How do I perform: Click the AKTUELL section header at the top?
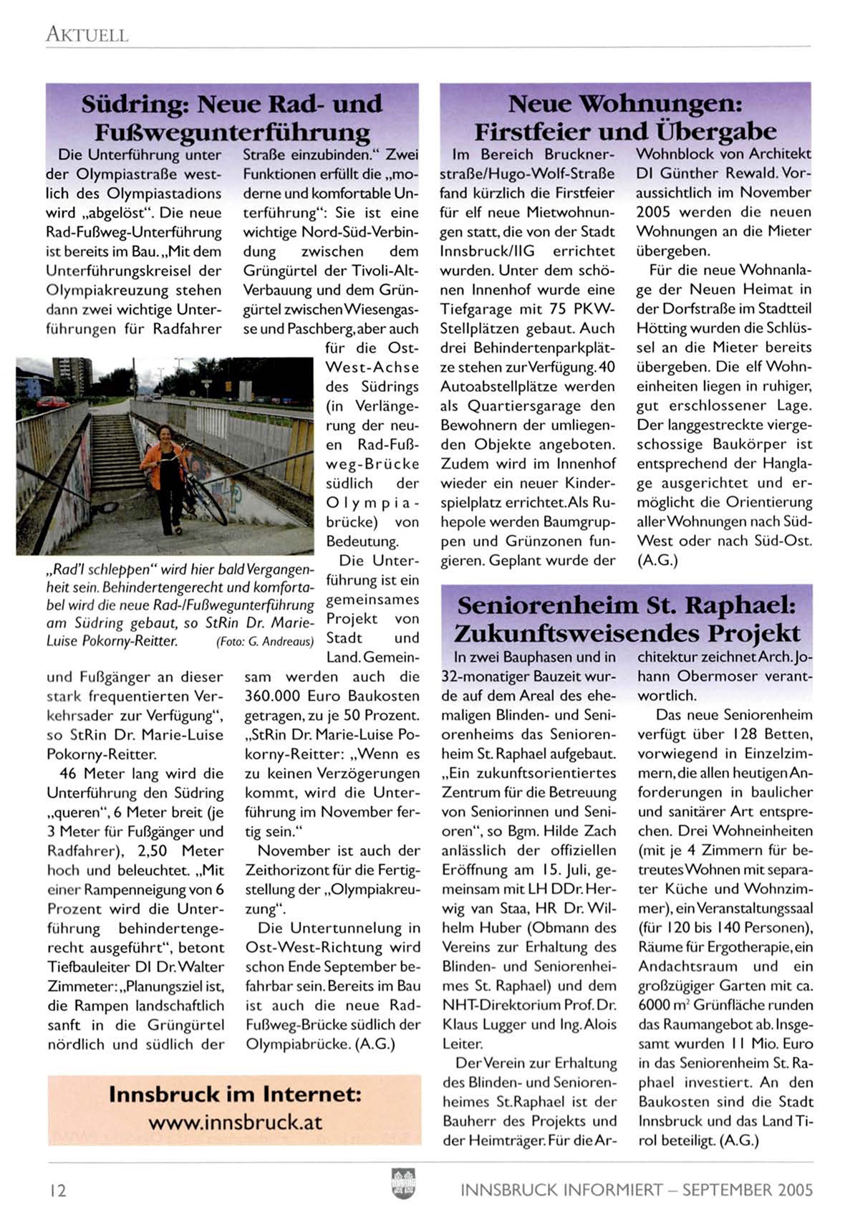pyautogui.click(x=87, y=34)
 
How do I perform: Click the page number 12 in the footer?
pyautogui.click(x=57, y=1190)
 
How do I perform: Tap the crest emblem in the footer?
pyautogui.click(x=403, y=1183)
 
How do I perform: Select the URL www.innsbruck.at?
pyautogui.click(x=236, y=1122)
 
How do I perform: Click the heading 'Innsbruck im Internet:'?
pyautogui.click(x=235, y=1095)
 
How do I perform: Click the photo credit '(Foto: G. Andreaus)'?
pyautogui.click(x=265, y=642)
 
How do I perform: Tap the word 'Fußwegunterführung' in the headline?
pyautogui.click(x=233, y=133)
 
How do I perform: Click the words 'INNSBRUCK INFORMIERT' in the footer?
pyautogui.click(x=561, y=1190)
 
